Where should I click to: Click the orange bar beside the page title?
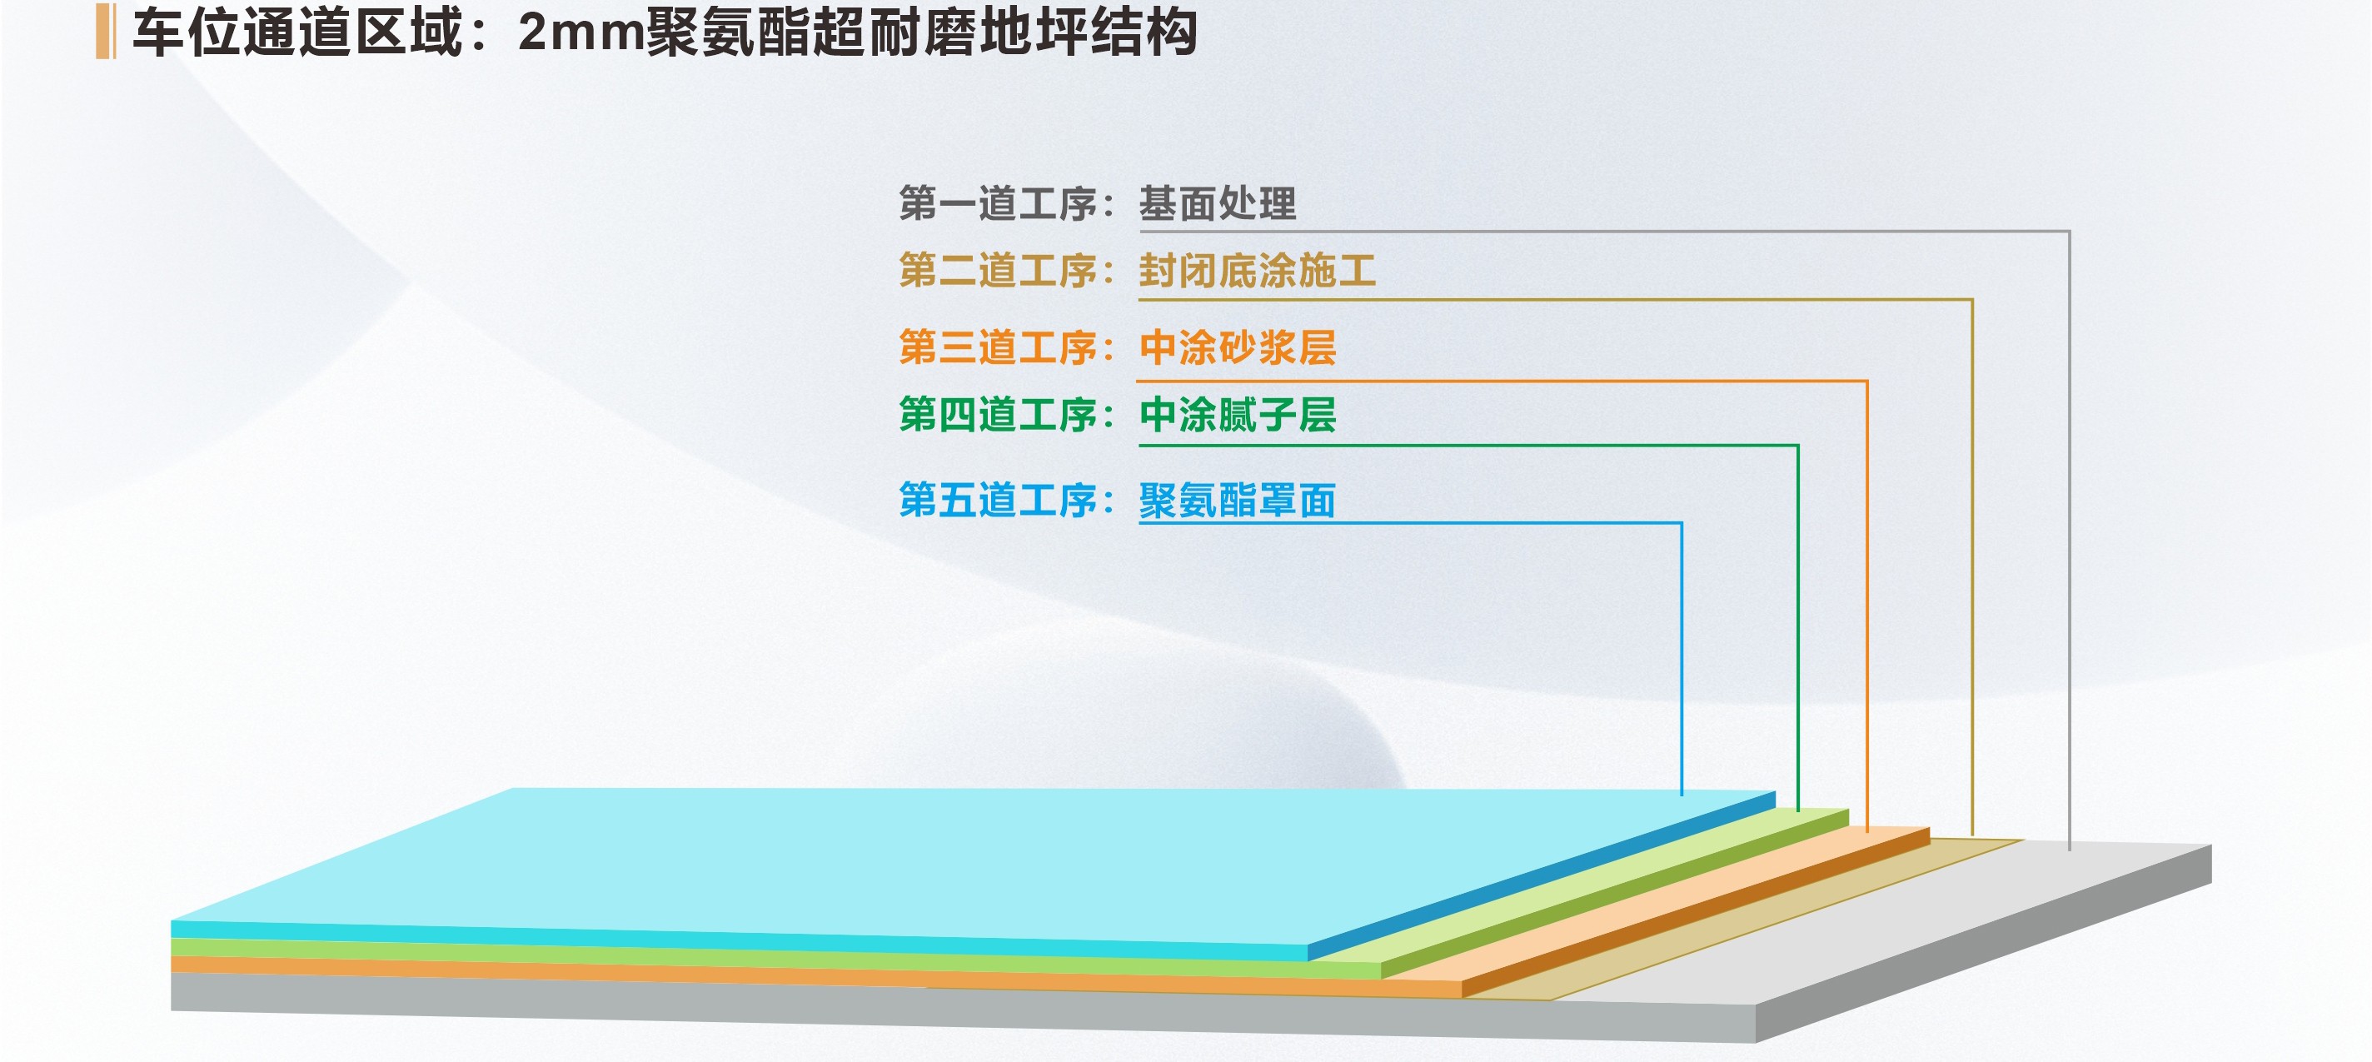pyautogui.click(x=105, y=32)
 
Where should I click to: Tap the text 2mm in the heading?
pyautogui.click(x=581, y=32)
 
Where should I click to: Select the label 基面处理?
pyautogui.click(x=1218, y=203)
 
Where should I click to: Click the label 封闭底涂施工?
pyautogui.click(x=1257, y=272)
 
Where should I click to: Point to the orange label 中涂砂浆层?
pyautogui.click(x=1238, y=348)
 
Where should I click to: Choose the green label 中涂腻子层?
pyautogui.click(x=1238, y=416)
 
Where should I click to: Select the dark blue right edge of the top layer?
pyautogui.click(x=1542, y=876)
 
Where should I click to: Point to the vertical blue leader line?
pyautogui.click(x=1682, y=659)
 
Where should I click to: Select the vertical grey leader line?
pyautogui.click(x=2069, y=540)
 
